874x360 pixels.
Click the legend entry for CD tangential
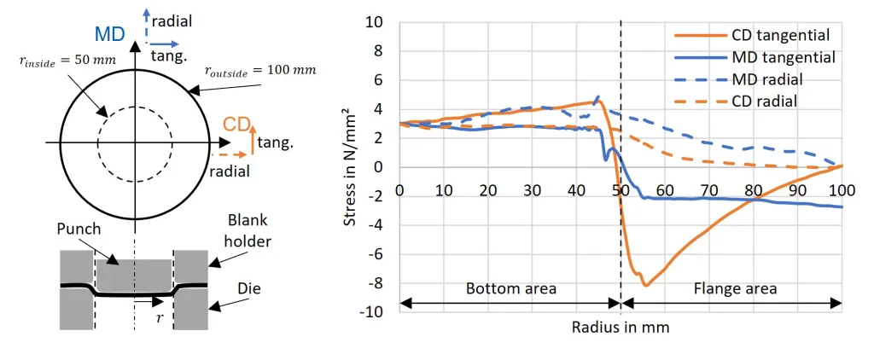pyautogui.click(x=753, y=35)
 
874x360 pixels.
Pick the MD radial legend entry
pyautogui.click(x=738, y=79)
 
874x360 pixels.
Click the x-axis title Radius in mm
pyautogui.click(x=620, y=327)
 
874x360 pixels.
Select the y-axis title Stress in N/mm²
pyautogui.click(x=349, y=166)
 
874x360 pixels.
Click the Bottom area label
pyautogui.click(x=511, y=289)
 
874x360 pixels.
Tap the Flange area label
pyautogui.click(x=735, y=289)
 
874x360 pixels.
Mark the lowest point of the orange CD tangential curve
pyautogui.click(x=645, y=285)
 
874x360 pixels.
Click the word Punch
pyautogui.click(x=79, y=229)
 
